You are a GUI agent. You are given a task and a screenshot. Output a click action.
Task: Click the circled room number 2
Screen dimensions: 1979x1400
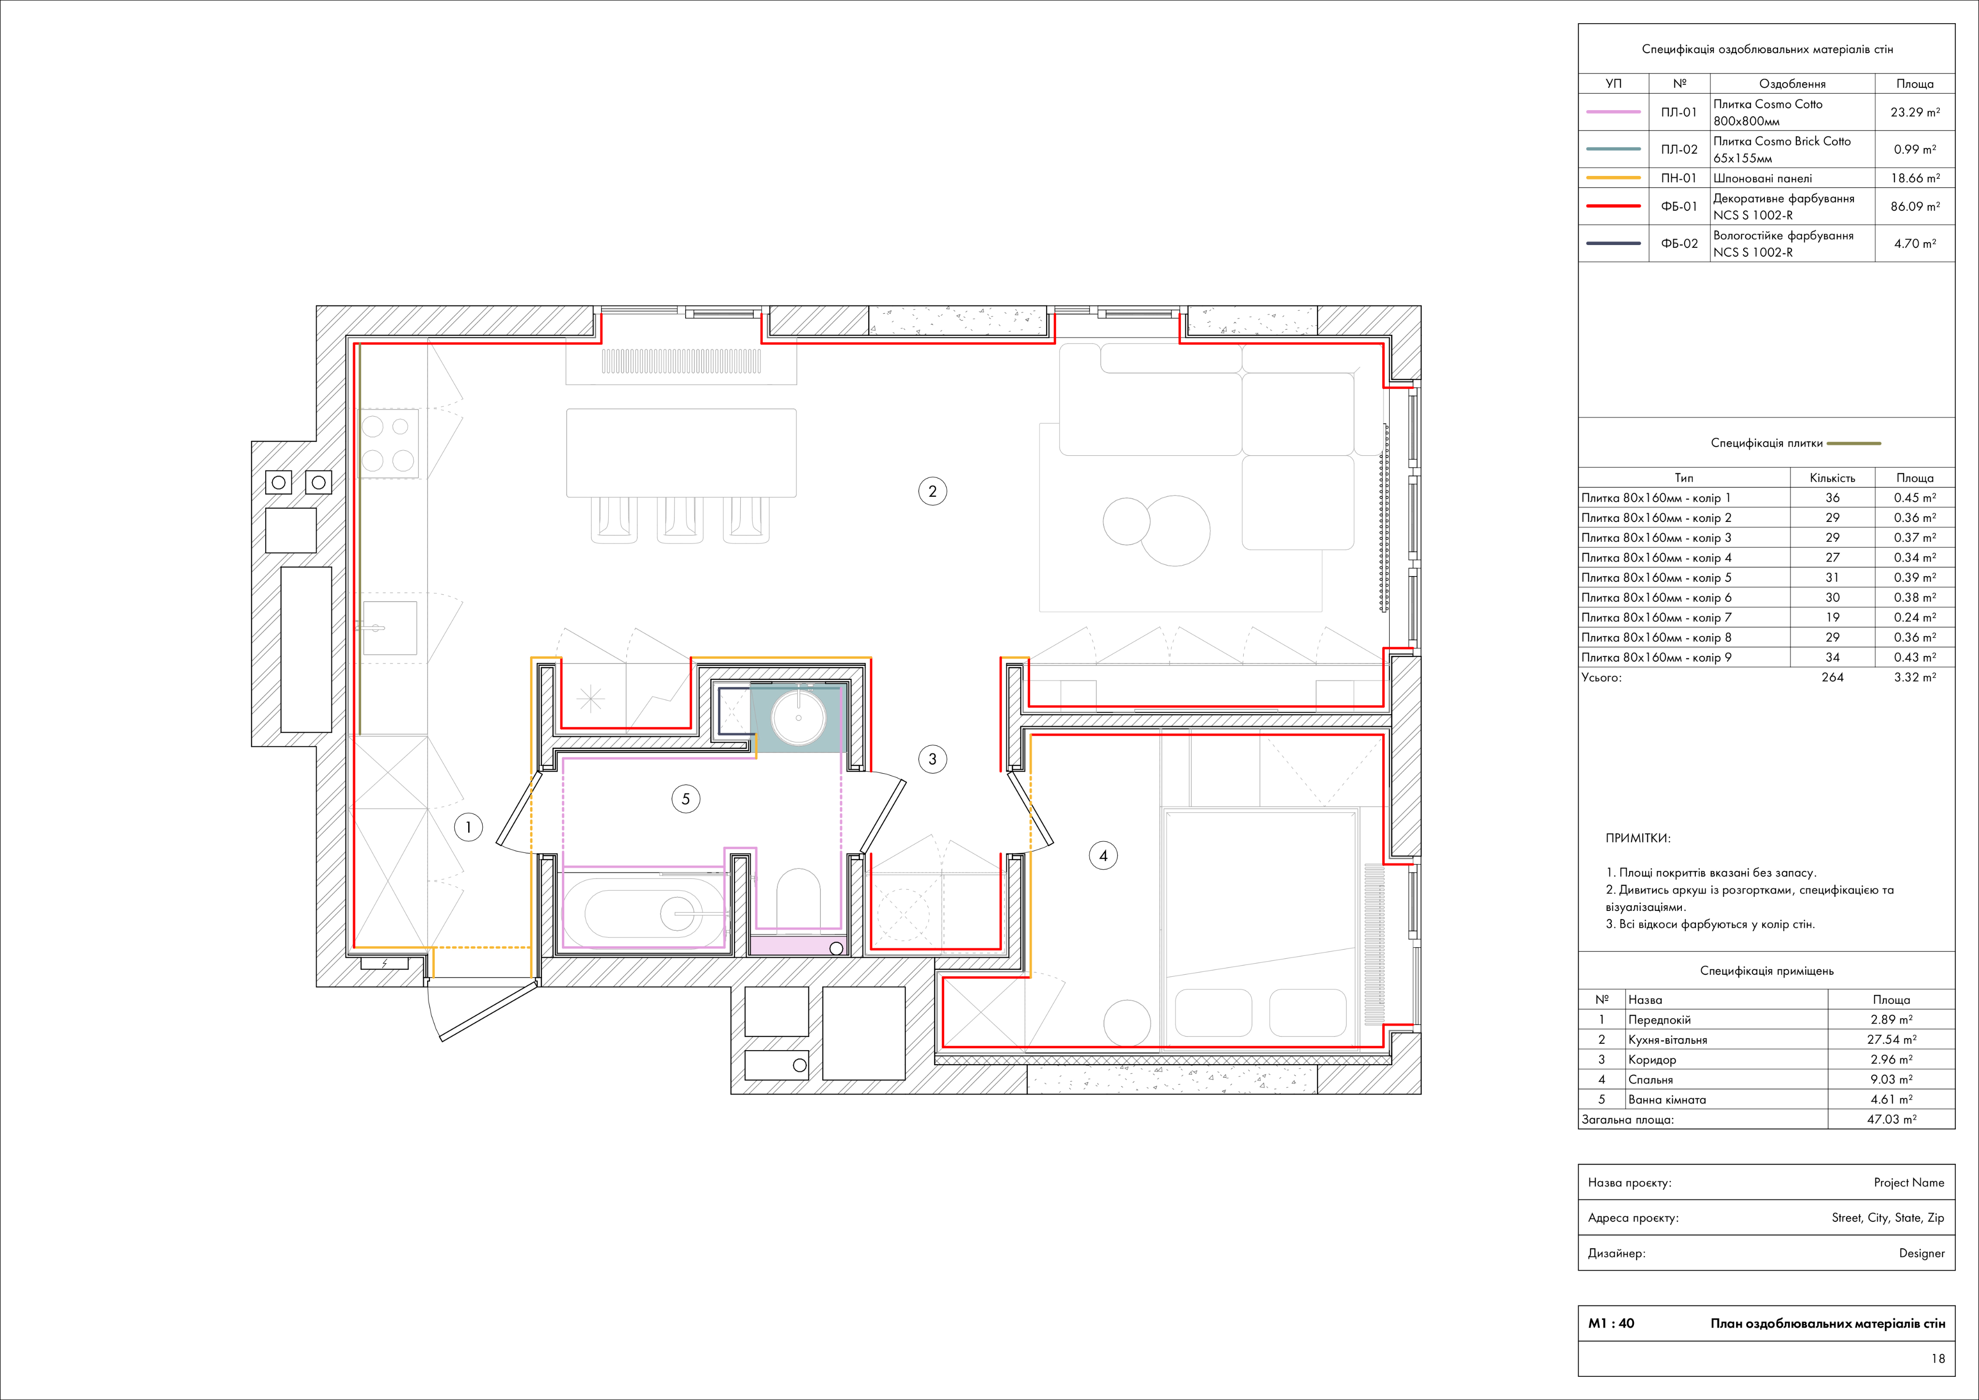point(932,491)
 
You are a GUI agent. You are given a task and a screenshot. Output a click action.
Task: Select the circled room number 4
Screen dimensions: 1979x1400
point(1103,856)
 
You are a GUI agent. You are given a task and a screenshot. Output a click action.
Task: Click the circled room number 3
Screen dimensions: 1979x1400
point(932,760)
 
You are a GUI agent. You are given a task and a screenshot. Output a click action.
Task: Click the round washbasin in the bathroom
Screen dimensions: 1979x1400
point(799,716)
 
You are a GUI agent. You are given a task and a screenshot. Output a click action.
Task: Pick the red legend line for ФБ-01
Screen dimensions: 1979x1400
point(1614,206)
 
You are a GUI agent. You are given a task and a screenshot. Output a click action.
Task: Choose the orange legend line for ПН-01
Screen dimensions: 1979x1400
point(1614,177)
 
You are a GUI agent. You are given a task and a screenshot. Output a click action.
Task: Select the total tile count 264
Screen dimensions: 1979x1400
point(1833,678)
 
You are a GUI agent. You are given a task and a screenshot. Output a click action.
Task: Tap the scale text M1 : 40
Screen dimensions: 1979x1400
point(1611,1323)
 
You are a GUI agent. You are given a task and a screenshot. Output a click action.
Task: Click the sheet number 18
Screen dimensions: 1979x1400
point(1937,1358)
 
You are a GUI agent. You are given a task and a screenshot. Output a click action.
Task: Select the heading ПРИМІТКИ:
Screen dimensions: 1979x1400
point(1638,838)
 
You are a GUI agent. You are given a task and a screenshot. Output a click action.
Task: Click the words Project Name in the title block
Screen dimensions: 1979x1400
point(1909,1183)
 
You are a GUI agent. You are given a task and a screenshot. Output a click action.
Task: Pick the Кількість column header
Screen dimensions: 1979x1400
point(1833,477)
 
